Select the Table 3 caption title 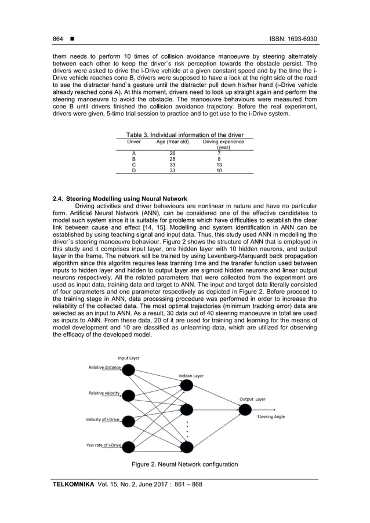pos(185,135)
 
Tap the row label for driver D pos(134,170)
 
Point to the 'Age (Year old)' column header pos(172,141)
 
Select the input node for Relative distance pos(128,370)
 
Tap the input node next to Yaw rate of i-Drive pos(128,446)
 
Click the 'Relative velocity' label pos(104,393)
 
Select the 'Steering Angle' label pos(271,416)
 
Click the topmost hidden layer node pos(186,386)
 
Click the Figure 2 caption pos(184,464)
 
